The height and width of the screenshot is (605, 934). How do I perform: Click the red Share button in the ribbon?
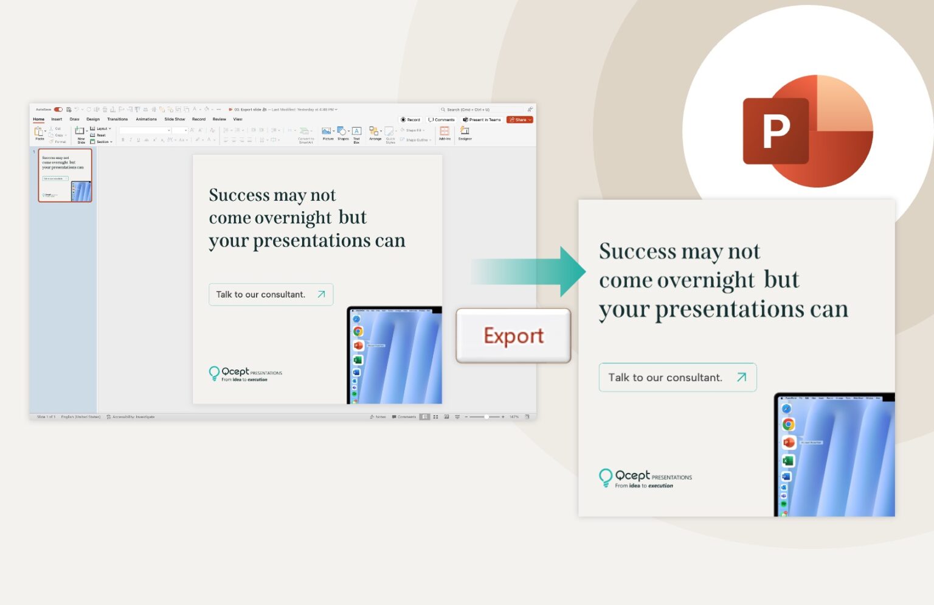pyautogui.click(x=520, y=120)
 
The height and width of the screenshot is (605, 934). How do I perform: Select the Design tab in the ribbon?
pyautogui.click(x=93, y=119)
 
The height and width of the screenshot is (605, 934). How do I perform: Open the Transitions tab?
pyautogui.click(x=117, y=119)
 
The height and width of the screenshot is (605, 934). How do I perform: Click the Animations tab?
pyautogui.click(x=146, y=119)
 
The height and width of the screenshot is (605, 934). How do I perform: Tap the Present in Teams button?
pyautogui.click(x=482, y=120)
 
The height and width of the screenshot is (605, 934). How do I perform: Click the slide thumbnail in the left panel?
pyautogui.click(x=65, y=175)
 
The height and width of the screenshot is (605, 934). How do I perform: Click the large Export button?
pyautogui.click(x=513, y=335)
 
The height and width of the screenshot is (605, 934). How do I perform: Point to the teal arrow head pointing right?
pyautogui.click(x=572, y=271)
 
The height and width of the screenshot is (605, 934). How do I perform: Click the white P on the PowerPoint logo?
pyautogui.click(x=776, y=131)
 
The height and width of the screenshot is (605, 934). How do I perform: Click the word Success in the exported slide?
pyautogui.click(x=637, y=251)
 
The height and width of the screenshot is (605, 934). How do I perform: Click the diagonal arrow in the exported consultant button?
pyautogui.click(x=741, y=377)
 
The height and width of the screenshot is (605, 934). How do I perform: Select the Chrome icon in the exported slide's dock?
pyautogui.click(x=788, y=424)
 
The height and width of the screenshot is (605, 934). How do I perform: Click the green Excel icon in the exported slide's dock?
pyautogui.click(x=788, y=461)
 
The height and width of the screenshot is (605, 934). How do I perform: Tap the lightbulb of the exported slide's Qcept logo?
pyautogui.click(x=606, y=477)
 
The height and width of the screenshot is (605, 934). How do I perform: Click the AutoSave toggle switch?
pyautogui.click(x=58, y=110)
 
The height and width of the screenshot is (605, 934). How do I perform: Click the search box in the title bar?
pyautogui.click(x=480, y=110)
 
